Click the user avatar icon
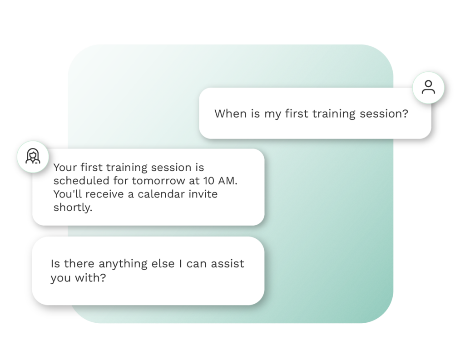[x=428, y=87]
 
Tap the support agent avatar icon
[x=32, y=157]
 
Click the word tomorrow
[x=156, y=181]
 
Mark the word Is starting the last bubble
[x=55, y=264]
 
